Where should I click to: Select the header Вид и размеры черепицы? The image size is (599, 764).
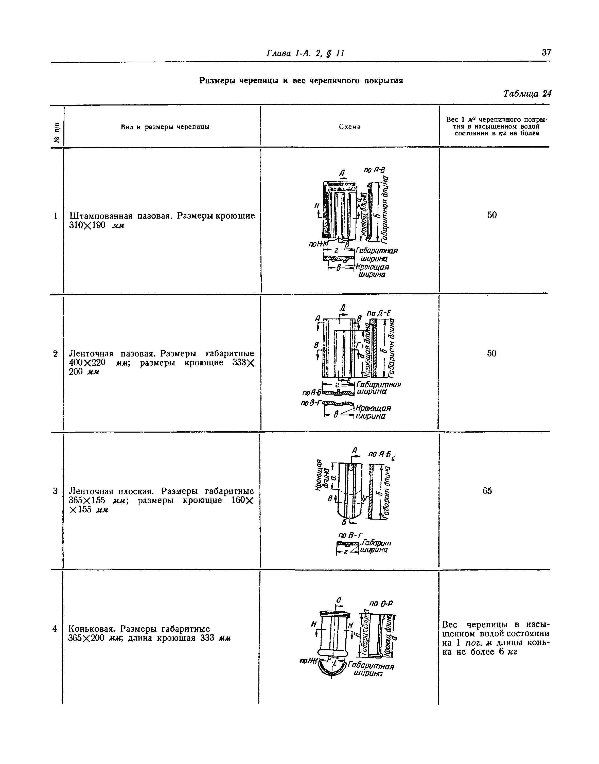click(165, 127)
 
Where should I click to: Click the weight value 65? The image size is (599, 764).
click(487, 491)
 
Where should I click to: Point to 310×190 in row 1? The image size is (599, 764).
click(87, 225)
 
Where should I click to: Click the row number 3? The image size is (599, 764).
click(55, 491)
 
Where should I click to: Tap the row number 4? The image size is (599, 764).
click(55, 629)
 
